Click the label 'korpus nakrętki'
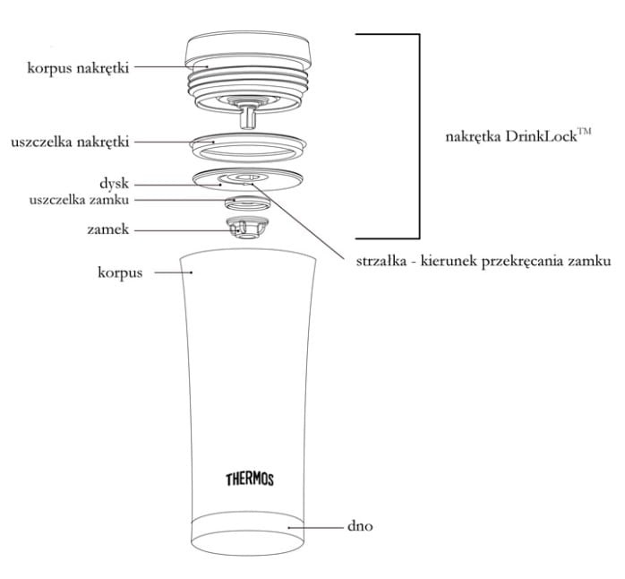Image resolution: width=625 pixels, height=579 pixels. tap(78, 68)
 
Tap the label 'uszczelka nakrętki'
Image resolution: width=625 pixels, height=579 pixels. tap(70, 142)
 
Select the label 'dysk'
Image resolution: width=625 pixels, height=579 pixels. tap(115, 184)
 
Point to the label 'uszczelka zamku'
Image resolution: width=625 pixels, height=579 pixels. tap(80, 200)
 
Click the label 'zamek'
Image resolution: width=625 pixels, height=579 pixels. tap(108, 229)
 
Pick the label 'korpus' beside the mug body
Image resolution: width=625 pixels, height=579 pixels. tap(120, 273)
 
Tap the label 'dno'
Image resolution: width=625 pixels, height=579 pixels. tap(360, 526)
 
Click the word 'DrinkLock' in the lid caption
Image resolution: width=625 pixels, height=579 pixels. tap(541, 136)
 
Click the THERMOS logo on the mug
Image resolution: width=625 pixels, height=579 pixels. tap(250, 480)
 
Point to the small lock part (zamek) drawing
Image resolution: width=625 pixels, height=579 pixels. tap(247, 229)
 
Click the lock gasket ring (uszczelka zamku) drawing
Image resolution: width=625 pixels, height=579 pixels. tap(247, 203)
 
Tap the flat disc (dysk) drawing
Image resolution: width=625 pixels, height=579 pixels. tap(247, 179)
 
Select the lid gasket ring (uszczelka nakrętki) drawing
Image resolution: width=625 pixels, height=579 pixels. tap(249, 148)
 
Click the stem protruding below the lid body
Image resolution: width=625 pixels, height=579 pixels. tap(247, 117)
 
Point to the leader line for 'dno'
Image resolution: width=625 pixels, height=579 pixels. tap(316, 528)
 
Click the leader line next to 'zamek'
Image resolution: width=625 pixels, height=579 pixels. tap(186, 230)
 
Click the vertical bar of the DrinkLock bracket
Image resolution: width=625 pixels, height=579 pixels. tap(419, 136)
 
